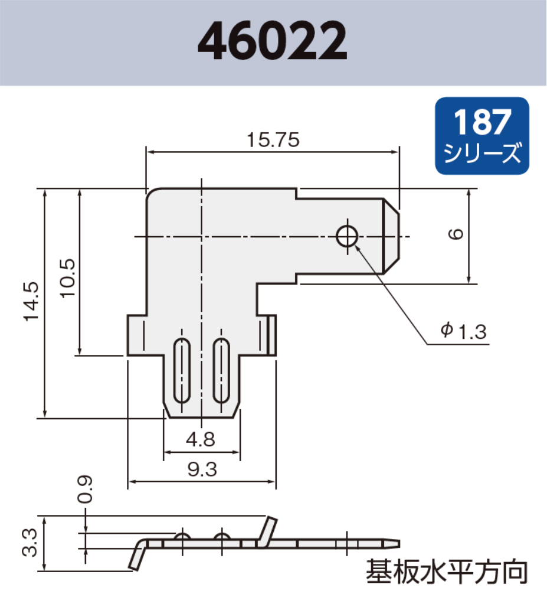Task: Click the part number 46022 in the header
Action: click(273, 43)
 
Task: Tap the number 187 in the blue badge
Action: click(482, 122)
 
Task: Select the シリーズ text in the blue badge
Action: click(482, 154)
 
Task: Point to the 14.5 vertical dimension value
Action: click(32, 302)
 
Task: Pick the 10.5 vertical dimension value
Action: click(67, 278)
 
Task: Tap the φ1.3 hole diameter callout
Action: click(463, 331)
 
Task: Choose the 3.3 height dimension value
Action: click(32, 543)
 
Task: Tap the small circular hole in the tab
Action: click(346, 236)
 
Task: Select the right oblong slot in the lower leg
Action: click(221, 371)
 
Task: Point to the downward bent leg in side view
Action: click(137, 556)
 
